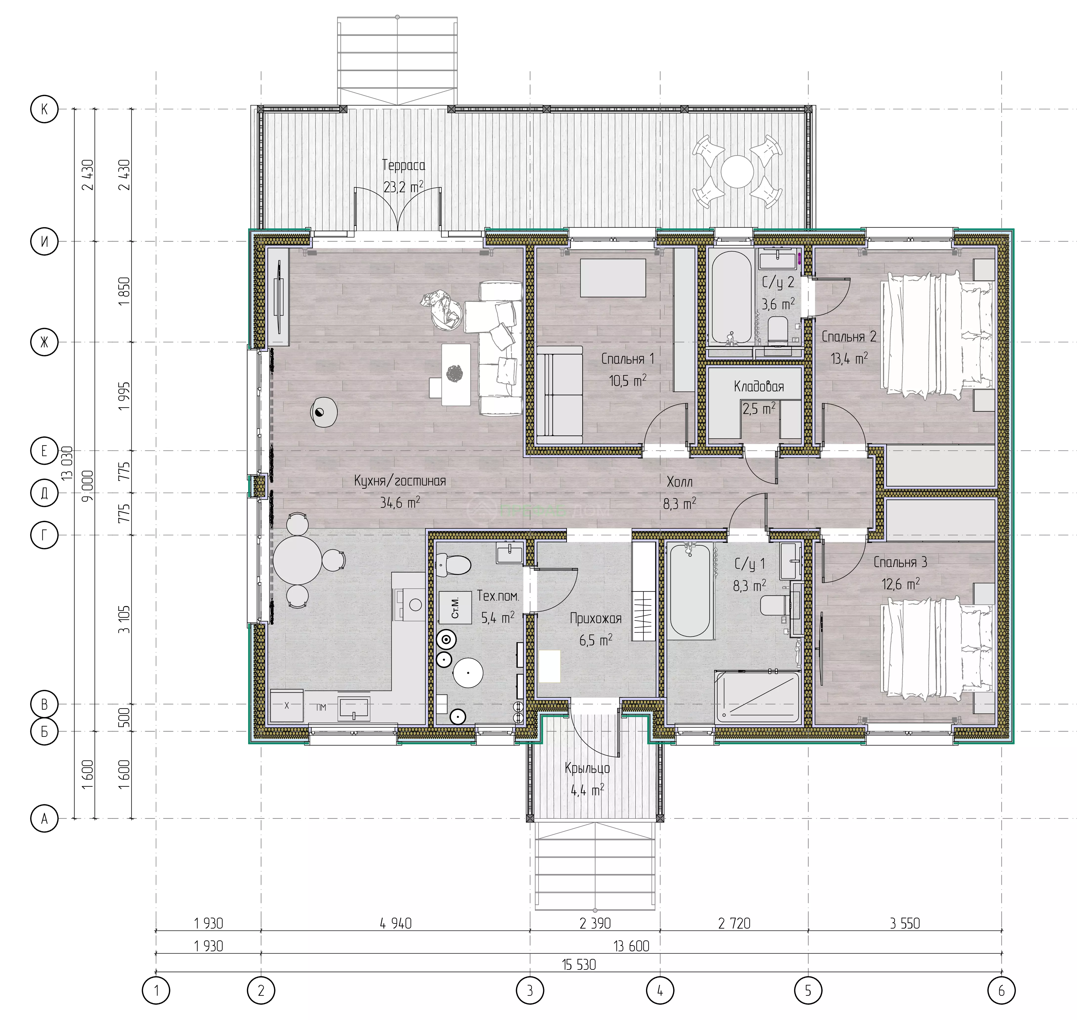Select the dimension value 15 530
(x=579, y=965)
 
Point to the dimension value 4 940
(x=396, y=923)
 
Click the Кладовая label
(x=759, y=387)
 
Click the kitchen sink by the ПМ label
(x=354, y=707)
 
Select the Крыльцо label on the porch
(x=587, y=768)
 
